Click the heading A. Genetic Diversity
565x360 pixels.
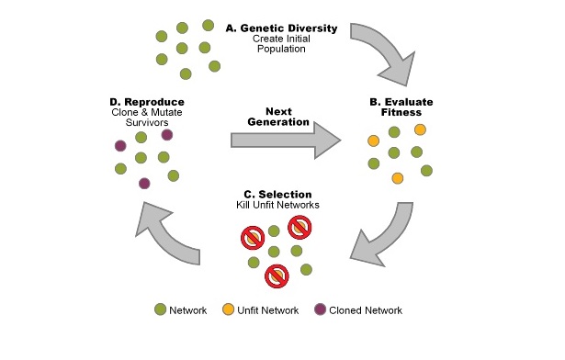pyautogui.click(x=282, y=28)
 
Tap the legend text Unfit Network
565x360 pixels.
pyautogui.click(x=270, y=310)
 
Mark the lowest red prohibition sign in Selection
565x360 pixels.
pyautogui.click(x=276, y=275)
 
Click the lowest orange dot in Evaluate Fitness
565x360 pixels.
pyautogui.click(x=398, y=177)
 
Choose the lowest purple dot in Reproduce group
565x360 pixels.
pyautogui.click(x=144, y=184)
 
